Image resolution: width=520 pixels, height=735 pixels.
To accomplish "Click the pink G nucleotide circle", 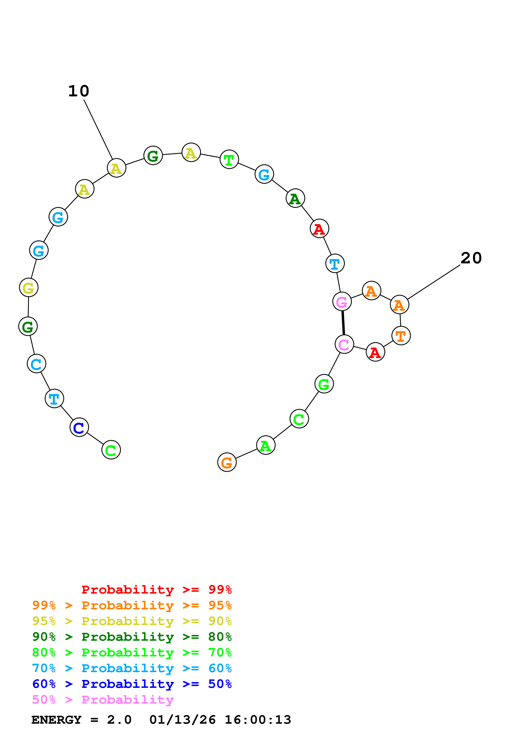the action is (342, 302).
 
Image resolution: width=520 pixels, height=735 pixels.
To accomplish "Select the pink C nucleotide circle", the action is (344, 344).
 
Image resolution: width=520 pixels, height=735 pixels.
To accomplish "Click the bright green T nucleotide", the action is (229, 159).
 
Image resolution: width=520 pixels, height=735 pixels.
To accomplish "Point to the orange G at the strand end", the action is (227, 462).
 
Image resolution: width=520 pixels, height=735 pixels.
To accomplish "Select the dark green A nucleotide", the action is (295, 198).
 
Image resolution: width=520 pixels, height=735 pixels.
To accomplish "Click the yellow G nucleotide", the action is (29, 288).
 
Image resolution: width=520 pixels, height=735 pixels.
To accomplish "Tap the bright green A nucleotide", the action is (266, 445).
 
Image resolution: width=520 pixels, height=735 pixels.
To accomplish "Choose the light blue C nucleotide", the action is (36, 364).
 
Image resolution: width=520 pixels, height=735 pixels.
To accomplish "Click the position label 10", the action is (79, 91).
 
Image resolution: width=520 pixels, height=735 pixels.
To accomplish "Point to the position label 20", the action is (471, 258).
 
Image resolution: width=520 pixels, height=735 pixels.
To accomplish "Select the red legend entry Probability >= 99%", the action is (156, 590).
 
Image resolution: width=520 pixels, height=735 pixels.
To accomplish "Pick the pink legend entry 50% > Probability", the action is (103, 700).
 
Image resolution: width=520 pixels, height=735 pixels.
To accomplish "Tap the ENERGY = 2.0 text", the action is (81, 720).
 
